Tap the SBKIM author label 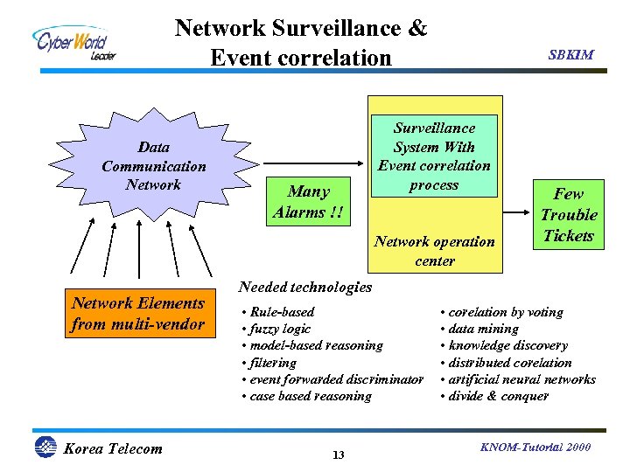pos(570,54)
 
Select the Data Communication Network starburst pos(153,165)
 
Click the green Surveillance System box pos(434,156)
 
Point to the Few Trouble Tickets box pos(568,215)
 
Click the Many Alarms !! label pos(308,202)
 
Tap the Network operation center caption pos(435,251)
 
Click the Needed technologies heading pos(304,287)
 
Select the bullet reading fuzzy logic pos(279,329)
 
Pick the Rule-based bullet pos(281,312)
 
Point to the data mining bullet pos(482,329)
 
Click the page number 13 pos(339,455)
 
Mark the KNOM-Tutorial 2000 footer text pos(535,448)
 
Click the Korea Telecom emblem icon pos(45,448)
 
